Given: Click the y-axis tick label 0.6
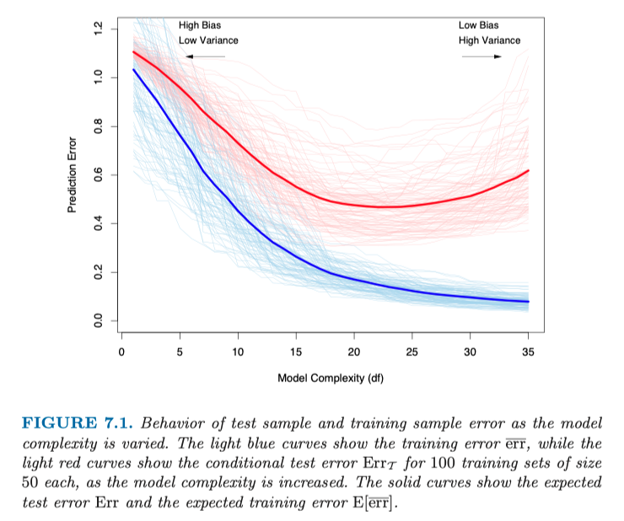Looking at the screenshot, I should (x=98, y=175).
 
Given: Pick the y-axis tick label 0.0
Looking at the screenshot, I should (x=98, y=320).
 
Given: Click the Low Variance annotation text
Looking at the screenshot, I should (x=208, y=40).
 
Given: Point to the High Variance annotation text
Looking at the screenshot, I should (x=490, y=40).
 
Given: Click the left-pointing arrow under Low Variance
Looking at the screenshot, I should (x=204, y=56).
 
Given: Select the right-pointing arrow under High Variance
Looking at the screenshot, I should (x=481, y=56).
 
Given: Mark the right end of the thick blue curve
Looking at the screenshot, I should (x=529, y=302).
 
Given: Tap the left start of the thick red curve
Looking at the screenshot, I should (x=133, y=52).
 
